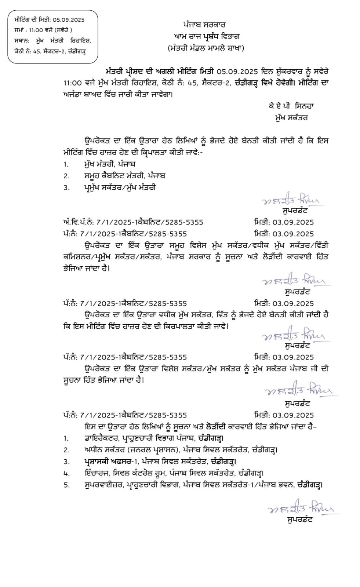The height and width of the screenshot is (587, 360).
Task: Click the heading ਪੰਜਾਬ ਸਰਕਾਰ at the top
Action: click(x=204, y=25)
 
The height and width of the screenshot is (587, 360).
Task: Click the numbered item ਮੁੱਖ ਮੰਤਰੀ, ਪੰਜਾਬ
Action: click(x=110, y=164)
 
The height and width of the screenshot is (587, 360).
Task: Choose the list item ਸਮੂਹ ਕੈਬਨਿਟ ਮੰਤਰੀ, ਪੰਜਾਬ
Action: click(x=124, y=175)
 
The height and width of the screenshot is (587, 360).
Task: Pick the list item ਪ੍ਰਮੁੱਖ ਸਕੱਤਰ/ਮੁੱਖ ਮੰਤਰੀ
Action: click(x=120, y=187)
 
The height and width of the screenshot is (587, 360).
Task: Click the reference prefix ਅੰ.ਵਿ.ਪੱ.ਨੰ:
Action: click(x=79, y=222)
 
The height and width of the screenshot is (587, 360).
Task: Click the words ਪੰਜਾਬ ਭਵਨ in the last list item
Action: click(x=277, y=485)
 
